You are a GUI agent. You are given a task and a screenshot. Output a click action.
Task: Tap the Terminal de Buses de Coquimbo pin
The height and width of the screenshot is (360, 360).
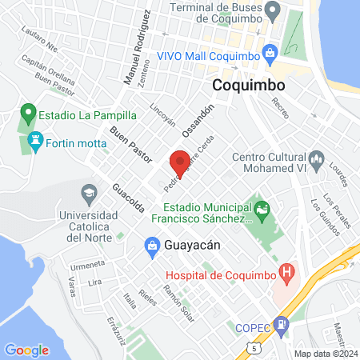[x=274, y=11]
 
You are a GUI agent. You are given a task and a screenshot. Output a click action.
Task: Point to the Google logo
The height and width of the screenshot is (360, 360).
[x=26, y=350]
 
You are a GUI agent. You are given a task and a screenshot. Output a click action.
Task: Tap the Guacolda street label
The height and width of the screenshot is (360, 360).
[x=129, y=194]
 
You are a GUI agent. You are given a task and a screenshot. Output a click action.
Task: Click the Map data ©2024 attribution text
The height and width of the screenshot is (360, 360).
[x=325, y=354]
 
